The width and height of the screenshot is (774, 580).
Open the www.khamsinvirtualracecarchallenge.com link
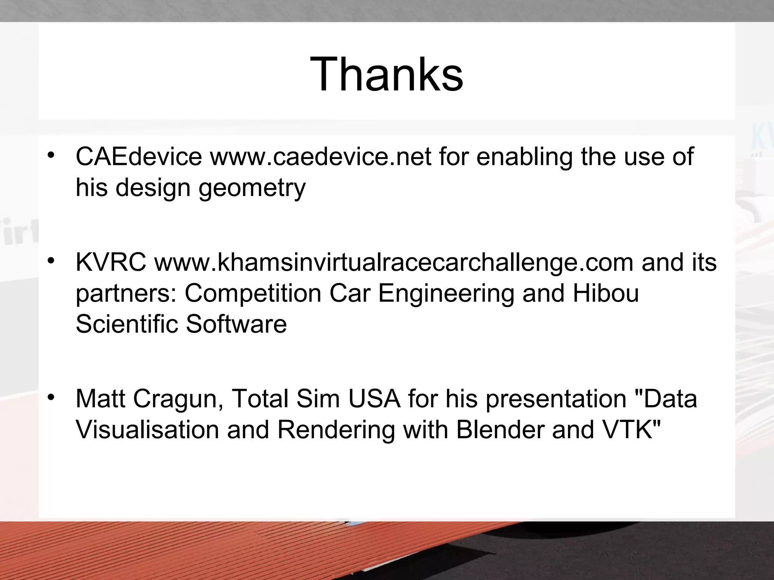[393, 263]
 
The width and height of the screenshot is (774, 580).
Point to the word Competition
[253, 293]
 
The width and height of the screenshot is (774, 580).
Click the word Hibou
[605, 293]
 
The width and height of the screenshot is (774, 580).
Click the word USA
[374, 399]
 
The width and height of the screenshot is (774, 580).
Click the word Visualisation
[147, 430]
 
